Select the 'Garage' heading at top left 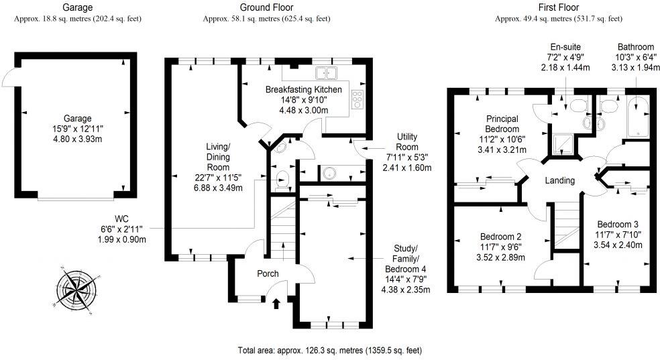77,8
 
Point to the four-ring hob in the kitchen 357,99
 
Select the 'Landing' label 559,180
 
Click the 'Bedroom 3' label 617,224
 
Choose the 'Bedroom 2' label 500,236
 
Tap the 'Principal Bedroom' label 502,123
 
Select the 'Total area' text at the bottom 329,350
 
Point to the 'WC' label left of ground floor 121,219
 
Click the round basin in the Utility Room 329,174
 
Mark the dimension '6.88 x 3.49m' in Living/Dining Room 217,187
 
